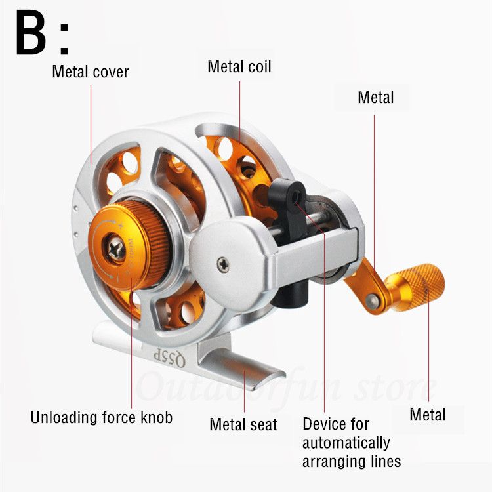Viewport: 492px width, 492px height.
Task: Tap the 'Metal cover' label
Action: point(90,71)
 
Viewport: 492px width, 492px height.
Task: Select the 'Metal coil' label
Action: point(239,66)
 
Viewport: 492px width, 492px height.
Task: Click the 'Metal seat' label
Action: point(243,424)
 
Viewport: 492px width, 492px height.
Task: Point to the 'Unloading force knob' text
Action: point(102,417)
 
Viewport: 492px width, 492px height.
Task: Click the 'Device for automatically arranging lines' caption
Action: point(351,442)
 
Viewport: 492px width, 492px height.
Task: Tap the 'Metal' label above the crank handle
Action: point(375,97)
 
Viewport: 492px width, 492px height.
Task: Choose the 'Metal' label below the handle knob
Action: point(427,415)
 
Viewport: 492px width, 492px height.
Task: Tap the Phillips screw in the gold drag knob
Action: point(118,250)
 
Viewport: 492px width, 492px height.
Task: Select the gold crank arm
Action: point(367,282)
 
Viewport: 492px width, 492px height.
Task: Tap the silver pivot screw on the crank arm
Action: point(373,300)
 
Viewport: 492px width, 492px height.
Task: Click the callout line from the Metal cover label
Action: point(91,125)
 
